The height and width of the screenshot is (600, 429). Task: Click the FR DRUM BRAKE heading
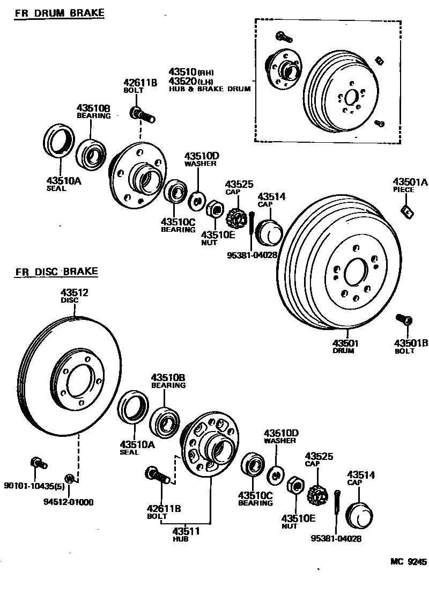click(59, 13)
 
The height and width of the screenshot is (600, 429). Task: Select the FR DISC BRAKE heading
click(57, 272)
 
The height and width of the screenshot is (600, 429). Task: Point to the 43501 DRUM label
click(345, 346)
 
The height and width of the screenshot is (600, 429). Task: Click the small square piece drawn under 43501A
click(408, 212)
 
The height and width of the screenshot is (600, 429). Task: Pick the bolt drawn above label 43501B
click(404, 320)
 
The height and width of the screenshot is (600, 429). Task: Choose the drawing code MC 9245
click(408, 562)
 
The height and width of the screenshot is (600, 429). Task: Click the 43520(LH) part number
click(191, 81)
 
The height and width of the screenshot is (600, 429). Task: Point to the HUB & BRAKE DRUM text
click(209, 89)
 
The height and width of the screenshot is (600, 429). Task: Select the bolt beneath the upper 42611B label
click(141, 114)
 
